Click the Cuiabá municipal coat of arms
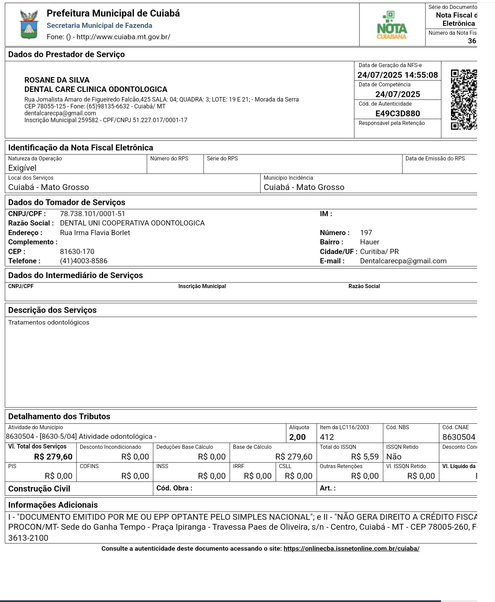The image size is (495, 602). pyautogui.click(x=29, y=24)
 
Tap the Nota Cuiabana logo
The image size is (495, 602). pyautogui.click(x=392, y=25)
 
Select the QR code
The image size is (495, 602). pyautogui.click(x=464, y=99)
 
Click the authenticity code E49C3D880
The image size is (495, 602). pyautogui.click(x=397, y=114)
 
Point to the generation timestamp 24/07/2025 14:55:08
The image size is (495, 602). pyautogui.click(x=397, y=75)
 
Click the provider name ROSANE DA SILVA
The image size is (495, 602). pyautogui.click(x=57, y=80)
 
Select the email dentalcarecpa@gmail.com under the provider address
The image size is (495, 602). pyautogui.click(x=60, y=113)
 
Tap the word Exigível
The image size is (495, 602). pyautogui.click(x=22, y=168)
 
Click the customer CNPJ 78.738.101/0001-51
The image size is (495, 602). pyautogui.click(x=92, y=214)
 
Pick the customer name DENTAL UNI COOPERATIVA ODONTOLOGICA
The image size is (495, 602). pyautogui.click(x=132, y=223)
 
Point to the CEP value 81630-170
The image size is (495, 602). pyautogui.click(x=77, y=252)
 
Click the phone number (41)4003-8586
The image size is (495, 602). pyautogui.click(x=84, y=261)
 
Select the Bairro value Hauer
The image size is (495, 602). pyautogui.click(x=370, y=242)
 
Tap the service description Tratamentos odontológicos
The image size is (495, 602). pyautogui.click(x=49, y=323)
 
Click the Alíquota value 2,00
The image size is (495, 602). pyautogui.click(x=297, y=437)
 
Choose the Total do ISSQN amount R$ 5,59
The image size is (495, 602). pyautogui.click(x=365, y=457)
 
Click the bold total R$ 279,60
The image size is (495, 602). pyautogui.click(x=53, y=457)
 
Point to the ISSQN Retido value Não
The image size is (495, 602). pyautogui.click(x=394, y=457)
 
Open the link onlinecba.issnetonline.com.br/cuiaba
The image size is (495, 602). pyautogui.click(x=351, y=549)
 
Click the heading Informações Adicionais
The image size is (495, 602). pyautogui.click(x=53, y=505)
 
